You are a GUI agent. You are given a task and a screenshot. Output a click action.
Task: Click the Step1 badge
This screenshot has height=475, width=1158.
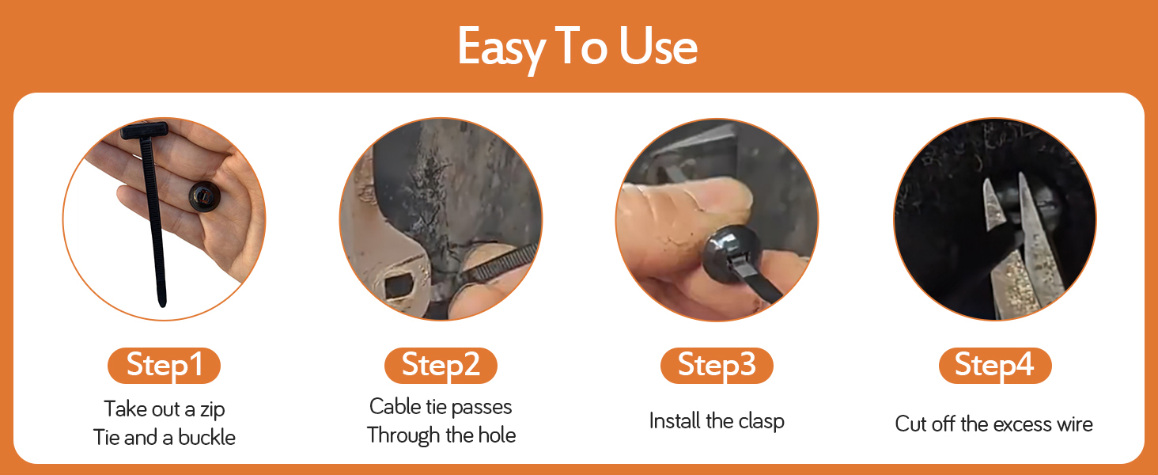[x=164, y=366]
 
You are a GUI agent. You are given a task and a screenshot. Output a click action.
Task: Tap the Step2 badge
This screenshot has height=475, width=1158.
[x=441, y=366]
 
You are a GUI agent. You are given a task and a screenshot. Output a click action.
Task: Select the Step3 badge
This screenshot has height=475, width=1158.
[x=717, y=366]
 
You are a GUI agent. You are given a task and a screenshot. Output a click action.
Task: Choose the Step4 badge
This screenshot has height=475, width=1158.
[x=994, y=366]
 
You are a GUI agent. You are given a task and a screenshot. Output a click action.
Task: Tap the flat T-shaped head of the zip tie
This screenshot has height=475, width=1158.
[x=144, y=131]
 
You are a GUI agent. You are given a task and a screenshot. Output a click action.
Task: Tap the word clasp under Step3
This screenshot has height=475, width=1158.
[x=761, y=421]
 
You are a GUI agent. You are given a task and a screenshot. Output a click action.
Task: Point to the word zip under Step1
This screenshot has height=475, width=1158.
[x=212, y=409]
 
